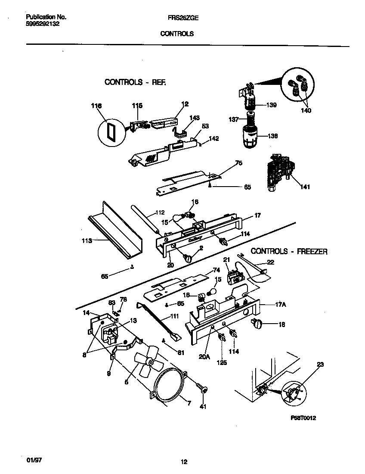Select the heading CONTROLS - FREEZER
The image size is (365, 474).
289,251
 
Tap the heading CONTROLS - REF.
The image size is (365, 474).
135,82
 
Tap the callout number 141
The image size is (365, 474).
304,187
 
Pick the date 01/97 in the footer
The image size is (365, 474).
27,460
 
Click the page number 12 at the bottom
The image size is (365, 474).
184,462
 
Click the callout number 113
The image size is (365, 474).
87,241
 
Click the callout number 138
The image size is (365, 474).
272,136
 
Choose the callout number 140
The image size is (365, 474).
306,111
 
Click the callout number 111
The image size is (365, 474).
174,316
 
